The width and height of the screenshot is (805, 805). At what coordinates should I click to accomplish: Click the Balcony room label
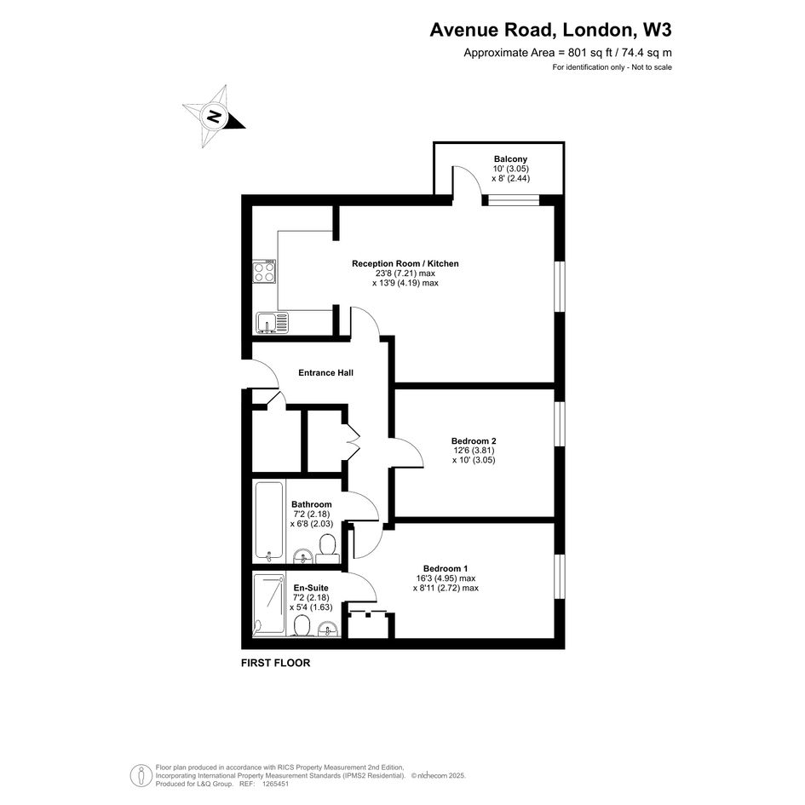coord(510,159)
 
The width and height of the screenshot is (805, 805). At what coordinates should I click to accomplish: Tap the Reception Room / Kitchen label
coord(405,263)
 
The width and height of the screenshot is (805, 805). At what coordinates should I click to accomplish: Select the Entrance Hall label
coord(325,373)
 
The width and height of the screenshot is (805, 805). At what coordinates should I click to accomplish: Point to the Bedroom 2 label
coord(474,440)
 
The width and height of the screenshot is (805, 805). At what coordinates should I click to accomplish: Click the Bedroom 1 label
coord(446,568)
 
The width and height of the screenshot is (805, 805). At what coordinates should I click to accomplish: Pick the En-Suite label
coord(311,588)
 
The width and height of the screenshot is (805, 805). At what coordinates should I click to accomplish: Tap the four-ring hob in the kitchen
coord(264,272)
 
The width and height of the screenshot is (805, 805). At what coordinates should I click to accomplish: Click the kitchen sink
coord(272,323)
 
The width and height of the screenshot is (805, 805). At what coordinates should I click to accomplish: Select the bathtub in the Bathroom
coord(269,521)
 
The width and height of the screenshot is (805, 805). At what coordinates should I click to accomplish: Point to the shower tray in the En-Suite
coord(268,606)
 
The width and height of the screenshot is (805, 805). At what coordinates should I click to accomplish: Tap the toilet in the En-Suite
coord(302,626)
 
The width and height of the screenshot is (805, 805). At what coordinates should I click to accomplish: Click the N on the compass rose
coord(214,116)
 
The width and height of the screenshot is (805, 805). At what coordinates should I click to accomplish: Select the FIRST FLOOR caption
coord(276,663)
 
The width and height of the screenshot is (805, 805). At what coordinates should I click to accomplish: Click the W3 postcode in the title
coord(657,30)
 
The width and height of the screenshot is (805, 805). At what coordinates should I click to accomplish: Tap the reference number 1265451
coord(275,784)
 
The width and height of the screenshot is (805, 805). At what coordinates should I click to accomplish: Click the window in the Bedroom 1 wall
coord(561,577)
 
